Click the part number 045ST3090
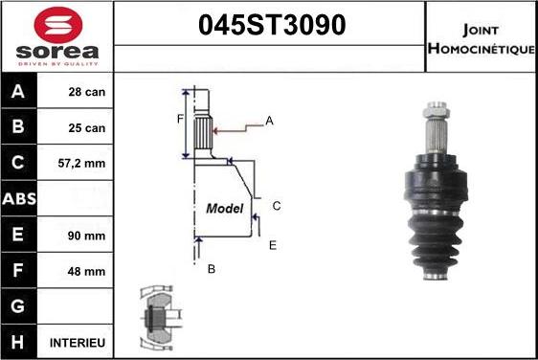270,26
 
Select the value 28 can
87,93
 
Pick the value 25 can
87,128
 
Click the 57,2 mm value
85,164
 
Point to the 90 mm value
87,236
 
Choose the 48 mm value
87,271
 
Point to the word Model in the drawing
225,208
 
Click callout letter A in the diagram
269,121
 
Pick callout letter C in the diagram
276,205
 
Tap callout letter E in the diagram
272,245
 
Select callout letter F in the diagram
179,120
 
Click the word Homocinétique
482,48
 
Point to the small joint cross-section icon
157,316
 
